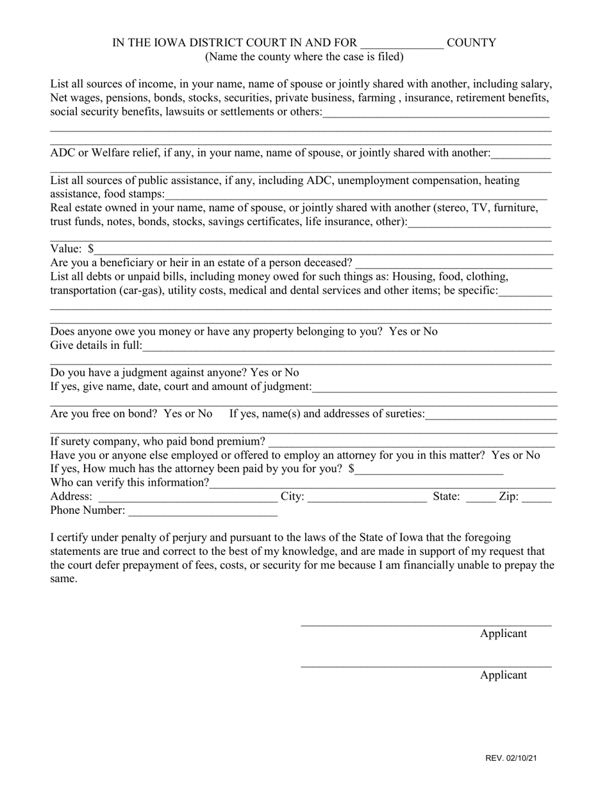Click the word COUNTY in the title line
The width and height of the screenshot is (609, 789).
[471, 43]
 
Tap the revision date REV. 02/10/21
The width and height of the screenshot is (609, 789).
[511, 758]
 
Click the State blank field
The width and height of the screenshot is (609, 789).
[480, 497]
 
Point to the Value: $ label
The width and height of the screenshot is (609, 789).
[72, 249]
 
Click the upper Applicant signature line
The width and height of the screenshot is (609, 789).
[426, 623]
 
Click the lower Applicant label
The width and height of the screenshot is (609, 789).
[503, 675]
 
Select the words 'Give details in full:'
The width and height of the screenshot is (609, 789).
[96, 346]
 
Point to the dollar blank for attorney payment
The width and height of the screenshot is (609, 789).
[430, 470]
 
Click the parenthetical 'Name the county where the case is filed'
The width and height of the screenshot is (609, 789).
[304, 56]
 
